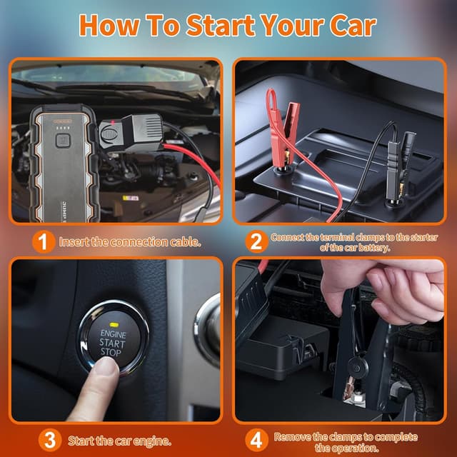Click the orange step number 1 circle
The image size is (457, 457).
point(44,242)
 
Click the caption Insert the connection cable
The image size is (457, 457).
point(129,242)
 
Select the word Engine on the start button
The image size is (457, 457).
point(113,333)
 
